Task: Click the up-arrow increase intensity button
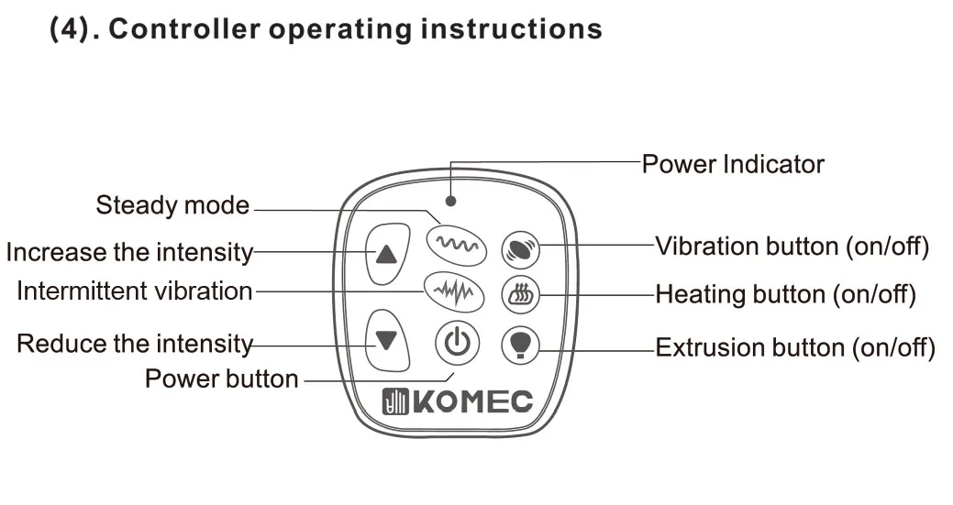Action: pyautogui.click(x=387, y=253)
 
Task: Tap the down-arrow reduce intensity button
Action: pyautogui.click(x=387, y=340)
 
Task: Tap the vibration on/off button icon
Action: pyautogui.click(x=519, y=250)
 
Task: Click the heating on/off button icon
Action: pyautogui.click(x=519, y=296)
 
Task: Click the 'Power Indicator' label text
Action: pyautogui.click(x=732, y=165)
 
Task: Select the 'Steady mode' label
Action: pyautogui.click(x=172, y=205)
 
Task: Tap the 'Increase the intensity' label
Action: pyautogui.click(x=129, y=251)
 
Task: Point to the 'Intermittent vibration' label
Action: pyautogui.click(x=134, y=291)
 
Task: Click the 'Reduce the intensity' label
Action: pyautogui.click(x=135, y=345)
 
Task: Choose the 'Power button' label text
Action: pyautogui.click(x=221, y=379)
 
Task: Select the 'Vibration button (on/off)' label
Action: pyautogui.click(x=792, y=247)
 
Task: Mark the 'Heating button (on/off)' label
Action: pyautogui.click(x=785, y=295)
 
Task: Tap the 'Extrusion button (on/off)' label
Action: pyautogui.click(x=794, y=348)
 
